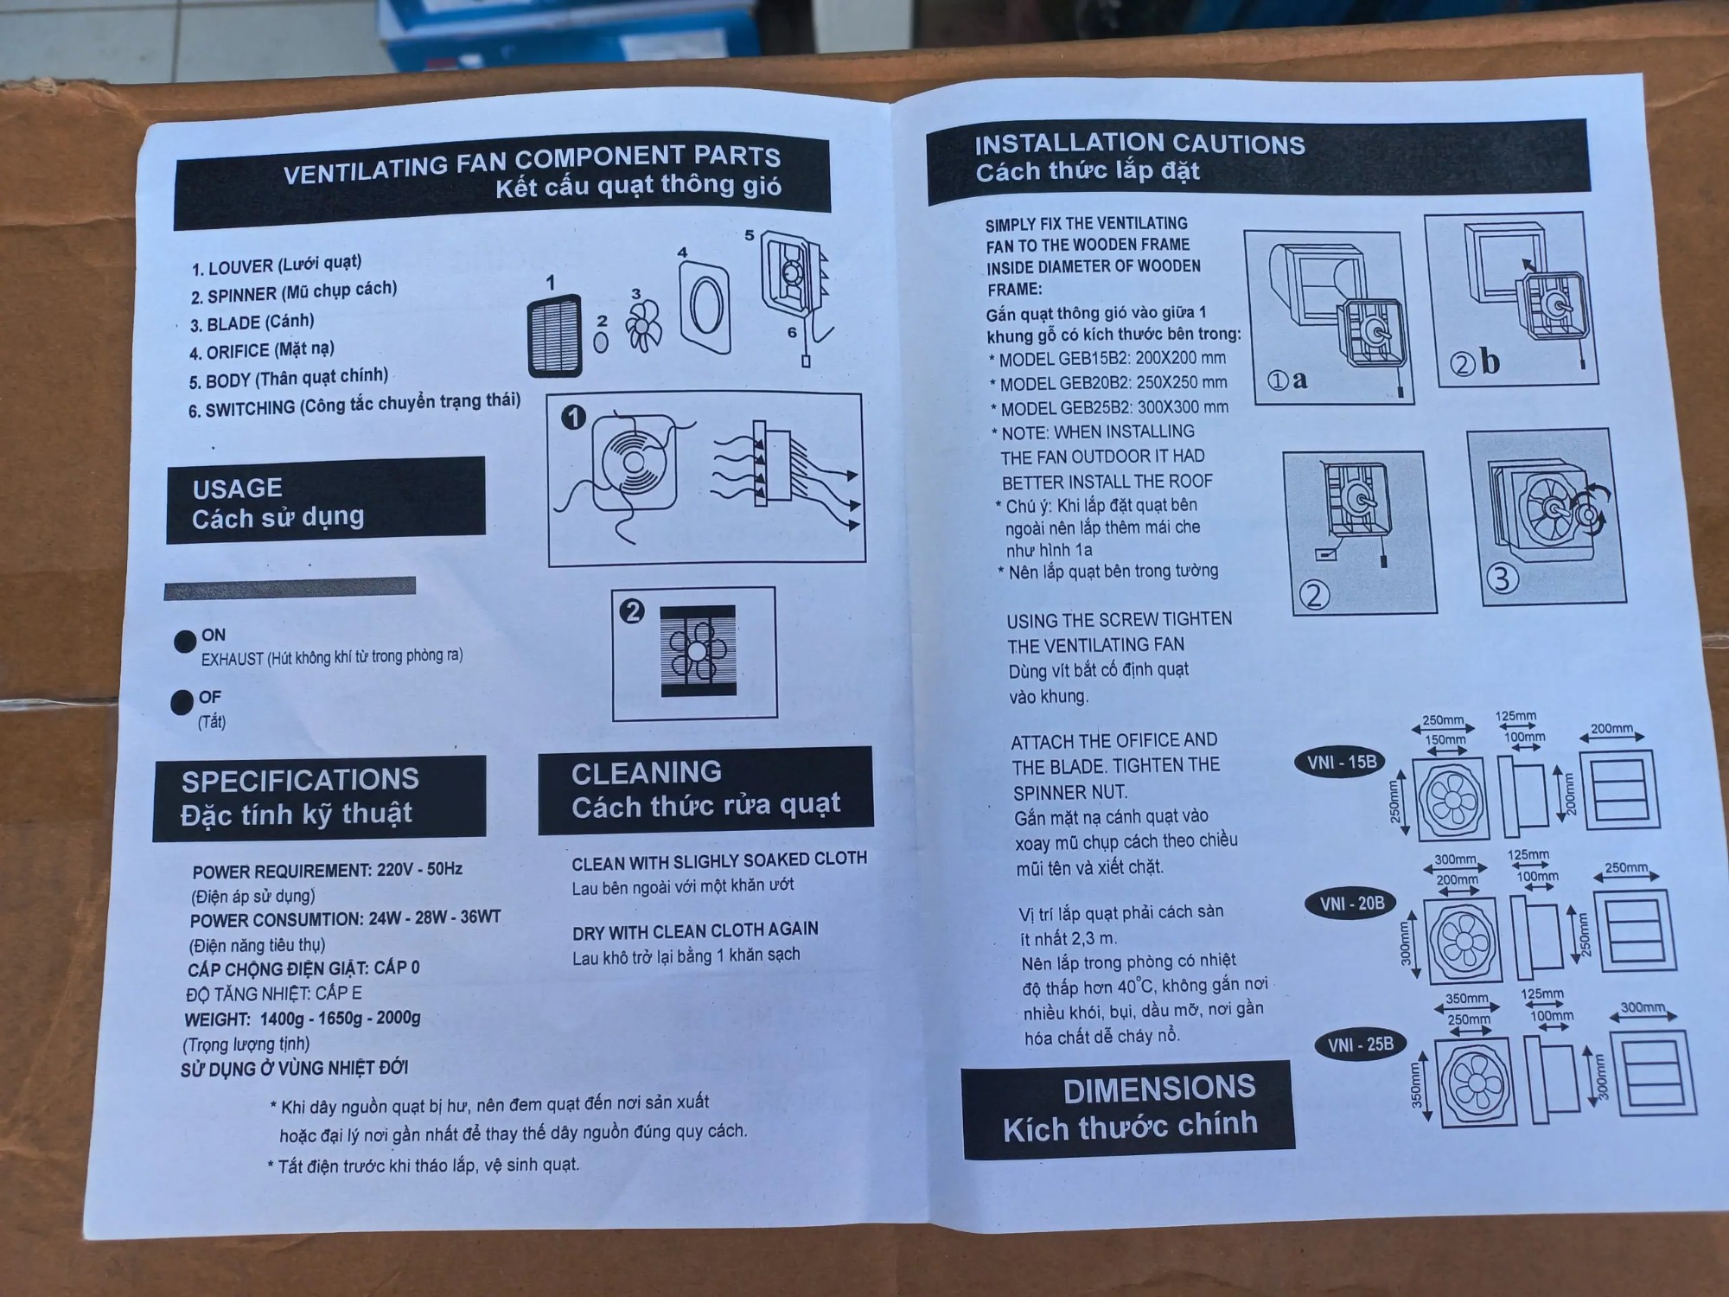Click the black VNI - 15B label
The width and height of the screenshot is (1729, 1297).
[x=1341, y=763]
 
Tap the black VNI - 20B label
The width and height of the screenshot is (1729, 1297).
[x=1351, y=904]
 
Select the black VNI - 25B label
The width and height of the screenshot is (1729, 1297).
[x=1361, y=1045]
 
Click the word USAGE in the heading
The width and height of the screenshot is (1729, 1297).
[x=238, y=489]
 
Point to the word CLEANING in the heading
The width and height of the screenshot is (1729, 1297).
[x=647, y=772]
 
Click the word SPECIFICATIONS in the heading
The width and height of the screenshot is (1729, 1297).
[x=300, y=780]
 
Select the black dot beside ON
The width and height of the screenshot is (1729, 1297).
[x=185, y=642]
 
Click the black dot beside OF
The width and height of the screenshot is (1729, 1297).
[x=182, y=702]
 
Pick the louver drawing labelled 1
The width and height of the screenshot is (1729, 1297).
[x=555, y=335]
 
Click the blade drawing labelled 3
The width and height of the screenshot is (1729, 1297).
[x=643, y=327]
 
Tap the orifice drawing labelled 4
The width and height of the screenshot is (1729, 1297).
[x=705, y=309]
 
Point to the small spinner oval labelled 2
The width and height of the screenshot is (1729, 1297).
[x=601, y=342]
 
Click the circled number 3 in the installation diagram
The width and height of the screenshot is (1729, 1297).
[x=1503, y=578]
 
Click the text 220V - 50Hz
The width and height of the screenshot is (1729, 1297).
[x=419, y=869]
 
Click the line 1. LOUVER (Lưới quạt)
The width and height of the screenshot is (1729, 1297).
[x=277, y=265]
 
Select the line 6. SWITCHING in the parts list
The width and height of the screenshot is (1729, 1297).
[x=354, y=404]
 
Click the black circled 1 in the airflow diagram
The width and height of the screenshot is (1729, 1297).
[x=574, y=418]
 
